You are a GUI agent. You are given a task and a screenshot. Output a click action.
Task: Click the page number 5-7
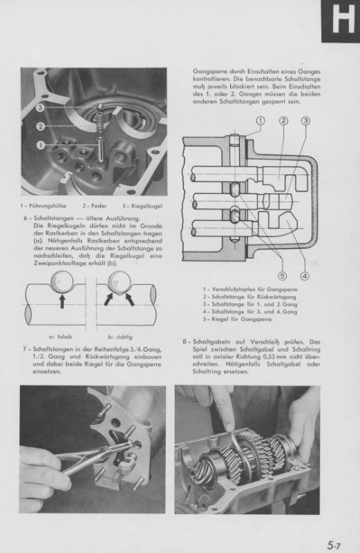(x=334, y=545)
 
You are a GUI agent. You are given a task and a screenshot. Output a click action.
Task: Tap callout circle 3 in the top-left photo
(x=40, y=108)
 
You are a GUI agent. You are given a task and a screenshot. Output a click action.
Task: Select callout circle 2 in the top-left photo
(x=41, y=126)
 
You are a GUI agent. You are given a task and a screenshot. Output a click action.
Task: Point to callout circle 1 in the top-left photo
(x=41, y=144)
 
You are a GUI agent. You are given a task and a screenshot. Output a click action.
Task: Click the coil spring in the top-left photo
(x=100, y=122)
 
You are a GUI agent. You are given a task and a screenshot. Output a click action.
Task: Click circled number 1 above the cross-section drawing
(x=260, y=121)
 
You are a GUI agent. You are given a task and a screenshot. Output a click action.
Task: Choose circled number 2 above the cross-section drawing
(x=283, y=121)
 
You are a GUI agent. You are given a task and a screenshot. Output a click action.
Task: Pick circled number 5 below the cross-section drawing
(x=283, y=275)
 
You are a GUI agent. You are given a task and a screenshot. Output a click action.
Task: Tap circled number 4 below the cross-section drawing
(x=305, y=275)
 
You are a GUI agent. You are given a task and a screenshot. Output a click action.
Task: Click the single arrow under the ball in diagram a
(x=62, y=302)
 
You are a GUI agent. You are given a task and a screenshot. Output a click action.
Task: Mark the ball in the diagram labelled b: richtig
(x=119, y=282)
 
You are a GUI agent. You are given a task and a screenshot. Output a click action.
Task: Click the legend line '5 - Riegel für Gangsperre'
(x=237, y=319)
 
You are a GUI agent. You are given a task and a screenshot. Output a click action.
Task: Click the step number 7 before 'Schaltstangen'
(x=25, y=349)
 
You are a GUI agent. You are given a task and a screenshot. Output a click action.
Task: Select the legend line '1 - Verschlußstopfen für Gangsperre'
(x=250, y=290)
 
